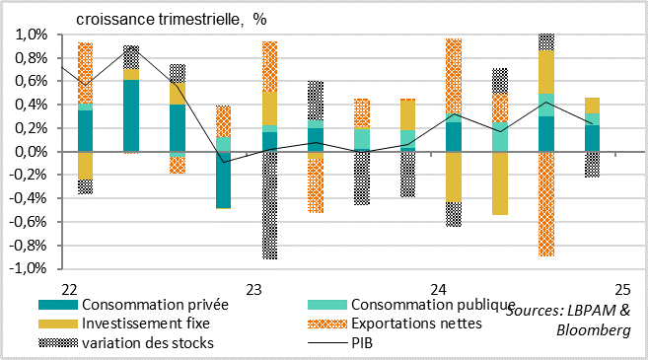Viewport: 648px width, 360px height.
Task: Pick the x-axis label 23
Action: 253,290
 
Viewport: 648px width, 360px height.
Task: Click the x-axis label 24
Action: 438,290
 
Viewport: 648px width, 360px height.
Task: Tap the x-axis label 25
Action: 622,290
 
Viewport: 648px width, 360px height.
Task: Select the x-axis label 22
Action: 69,290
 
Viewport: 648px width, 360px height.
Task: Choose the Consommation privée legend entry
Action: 147,305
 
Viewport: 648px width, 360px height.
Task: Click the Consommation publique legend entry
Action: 433,305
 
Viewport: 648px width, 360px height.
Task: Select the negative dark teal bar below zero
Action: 223,180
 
